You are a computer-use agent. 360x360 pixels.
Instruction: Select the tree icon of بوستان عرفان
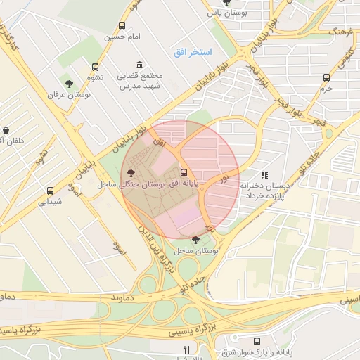pos(68,83)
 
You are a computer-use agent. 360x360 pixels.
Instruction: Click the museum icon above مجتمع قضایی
pos(138,65)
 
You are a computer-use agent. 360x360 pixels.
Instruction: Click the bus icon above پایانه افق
pos(184,172)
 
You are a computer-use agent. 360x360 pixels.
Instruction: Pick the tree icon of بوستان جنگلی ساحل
pos(131,172)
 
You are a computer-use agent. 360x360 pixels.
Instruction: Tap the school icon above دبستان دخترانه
pos(264,174)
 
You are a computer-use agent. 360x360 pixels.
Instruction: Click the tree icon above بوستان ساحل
pos(195,240)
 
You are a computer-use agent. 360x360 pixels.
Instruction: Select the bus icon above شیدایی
pos(50,191)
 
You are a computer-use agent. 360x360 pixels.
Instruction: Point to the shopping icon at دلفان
pos(6,130)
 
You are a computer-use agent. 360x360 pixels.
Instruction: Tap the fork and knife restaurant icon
pos(186,349)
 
